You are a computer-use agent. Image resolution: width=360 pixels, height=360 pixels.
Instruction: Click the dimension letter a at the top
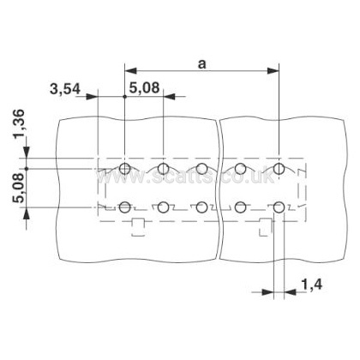pos(202,64)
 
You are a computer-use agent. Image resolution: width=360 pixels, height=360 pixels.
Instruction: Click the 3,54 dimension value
pos(65,89)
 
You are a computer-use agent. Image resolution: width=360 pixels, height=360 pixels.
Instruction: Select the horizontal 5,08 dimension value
pos(144,87)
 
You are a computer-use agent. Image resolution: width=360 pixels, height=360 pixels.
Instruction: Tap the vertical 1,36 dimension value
pos(19,123)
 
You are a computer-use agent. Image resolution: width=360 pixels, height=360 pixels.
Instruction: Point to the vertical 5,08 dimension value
pos(19,188)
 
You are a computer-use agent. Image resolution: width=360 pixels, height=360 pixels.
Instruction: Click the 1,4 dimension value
pos(312,285)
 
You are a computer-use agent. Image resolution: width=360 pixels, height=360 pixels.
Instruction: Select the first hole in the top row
pos(125,169)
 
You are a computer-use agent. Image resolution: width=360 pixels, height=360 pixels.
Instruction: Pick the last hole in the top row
pos(279,169)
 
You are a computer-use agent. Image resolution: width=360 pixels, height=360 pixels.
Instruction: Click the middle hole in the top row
pos(201,169)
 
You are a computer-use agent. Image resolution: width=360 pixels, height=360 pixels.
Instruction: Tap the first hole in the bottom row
pos(125,207)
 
